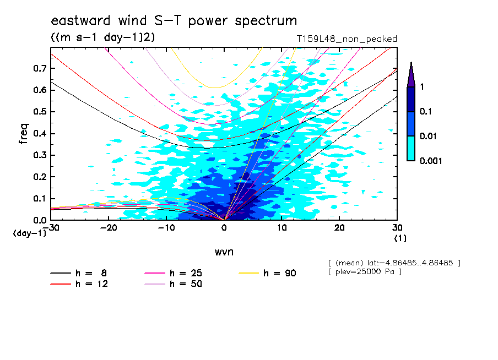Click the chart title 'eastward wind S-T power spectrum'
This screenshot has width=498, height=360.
(174, 20)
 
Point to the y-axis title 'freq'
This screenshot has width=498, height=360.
(24, 134)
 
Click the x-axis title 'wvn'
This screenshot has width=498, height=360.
(224, 252)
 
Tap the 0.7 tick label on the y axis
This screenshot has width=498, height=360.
(40, 68)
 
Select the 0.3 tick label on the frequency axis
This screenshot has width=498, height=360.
(40, 155)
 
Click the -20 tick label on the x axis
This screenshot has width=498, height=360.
(109, 228)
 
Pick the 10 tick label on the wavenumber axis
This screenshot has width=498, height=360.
(282, 228)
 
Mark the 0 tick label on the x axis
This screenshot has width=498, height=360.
(224, 228)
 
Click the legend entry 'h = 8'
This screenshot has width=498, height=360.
(79, 273)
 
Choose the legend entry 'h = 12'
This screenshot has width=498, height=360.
(79, 283)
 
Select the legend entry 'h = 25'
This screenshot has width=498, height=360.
(173, 273)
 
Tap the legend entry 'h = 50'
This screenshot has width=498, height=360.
(173, 283)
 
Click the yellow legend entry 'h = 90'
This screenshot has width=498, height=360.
(267, 273)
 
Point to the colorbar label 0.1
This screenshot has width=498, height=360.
(426, 111)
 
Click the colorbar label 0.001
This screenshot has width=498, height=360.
(431, 161)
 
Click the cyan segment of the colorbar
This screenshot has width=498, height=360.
(411, 149)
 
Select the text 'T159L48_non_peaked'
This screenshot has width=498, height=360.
(347, 39)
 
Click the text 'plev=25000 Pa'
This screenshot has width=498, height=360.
(365, 272)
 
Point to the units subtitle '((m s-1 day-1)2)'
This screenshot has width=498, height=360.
(103, 37)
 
